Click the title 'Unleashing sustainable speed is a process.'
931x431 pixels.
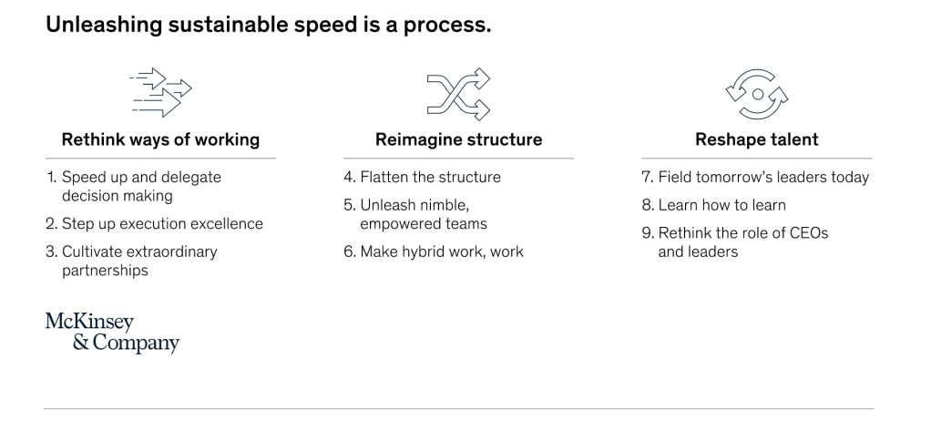point(269,25)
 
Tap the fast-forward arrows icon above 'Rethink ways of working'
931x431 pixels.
point(160,92)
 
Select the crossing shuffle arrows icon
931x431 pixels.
point(458,94)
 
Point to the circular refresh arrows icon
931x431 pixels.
point(756,94)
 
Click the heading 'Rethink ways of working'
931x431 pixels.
point(160,139)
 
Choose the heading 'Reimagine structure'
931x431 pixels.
point(458,139)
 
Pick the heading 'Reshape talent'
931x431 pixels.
point(756,139)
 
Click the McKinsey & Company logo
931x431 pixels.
point(112,334)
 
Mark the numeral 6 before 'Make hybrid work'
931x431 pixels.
point(349,251)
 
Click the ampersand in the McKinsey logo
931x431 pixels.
point(81,343)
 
